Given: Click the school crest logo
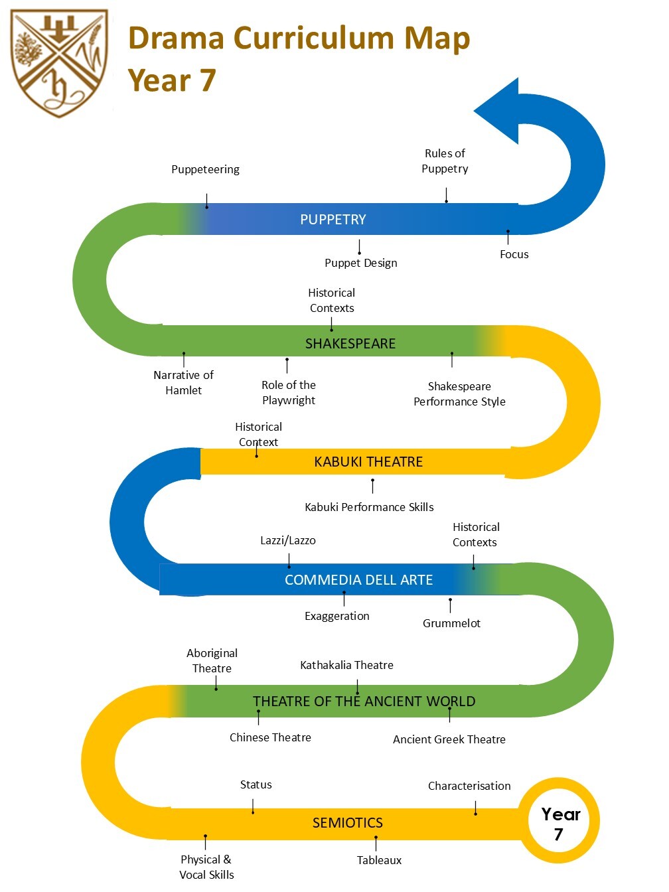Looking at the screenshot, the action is click(x=59, y=63).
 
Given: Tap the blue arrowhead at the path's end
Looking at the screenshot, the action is click(x=496, y=111).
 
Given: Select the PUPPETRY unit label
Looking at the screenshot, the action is click(x=333, y=220).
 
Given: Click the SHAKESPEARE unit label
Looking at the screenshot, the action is click(x=350, y=343).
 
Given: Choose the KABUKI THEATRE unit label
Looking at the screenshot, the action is click(x=368, y=462).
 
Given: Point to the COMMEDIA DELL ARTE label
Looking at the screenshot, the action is click(x=358, y=579).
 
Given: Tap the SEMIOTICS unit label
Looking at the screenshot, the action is click(x=348, y=822).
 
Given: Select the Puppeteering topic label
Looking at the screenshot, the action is click(x=206, y=169).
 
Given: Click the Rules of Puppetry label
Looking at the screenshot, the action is click(x=445, y=161).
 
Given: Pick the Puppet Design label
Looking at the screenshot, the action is click(x=360, y=263).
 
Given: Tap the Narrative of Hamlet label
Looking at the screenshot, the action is click(x=183, y=382).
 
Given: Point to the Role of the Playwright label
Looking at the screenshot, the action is click(x=289, y=392).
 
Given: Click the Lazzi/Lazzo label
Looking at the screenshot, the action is click(x=288, y=540).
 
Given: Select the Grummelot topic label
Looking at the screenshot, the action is click(x=451, y=623).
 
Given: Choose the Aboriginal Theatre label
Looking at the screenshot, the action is click(x=212, y=660).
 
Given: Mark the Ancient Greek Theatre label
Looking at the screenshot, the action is click(x=449, y=739).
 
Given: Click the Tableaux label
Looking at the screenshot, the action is click(x=379, y=860).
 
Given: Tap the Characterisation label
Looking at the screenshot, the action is click(x=469, y=786).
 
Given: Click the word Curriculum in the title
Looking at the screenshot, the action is click(x=314, y=38).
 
